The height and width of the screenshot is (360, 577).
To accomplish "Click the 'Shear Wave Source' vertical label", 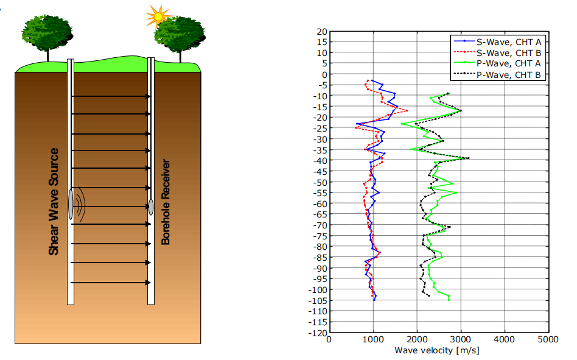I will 54,202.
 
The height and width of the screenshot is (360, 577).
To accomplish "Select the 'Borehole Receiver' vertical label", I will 166,202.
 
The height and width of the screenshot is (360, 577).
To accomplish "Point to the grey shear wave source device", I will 71,205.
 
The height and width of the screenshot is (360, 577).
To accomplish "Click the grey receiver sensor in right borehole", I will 150,206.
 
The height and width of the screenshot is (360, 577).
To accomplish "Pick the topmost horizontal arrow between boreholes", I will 111,96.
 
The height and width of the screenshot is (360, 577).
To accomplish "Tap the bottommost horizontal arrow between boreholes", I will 111,283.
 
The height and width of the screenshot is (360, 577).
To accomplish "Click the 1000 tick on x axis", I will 372,340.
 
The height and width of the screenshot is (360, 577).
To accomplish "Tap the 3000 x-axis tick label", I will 460,340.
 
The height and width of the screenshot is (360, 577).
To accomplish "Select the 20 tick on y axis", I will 321,32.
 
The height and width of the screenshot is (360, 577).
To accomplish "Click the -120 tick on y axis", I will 317,333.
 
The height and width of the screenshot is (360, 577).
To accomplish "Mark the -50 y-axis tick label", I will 319,182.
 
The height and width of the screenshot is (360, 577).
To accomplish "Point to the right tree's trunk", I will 180,54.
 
